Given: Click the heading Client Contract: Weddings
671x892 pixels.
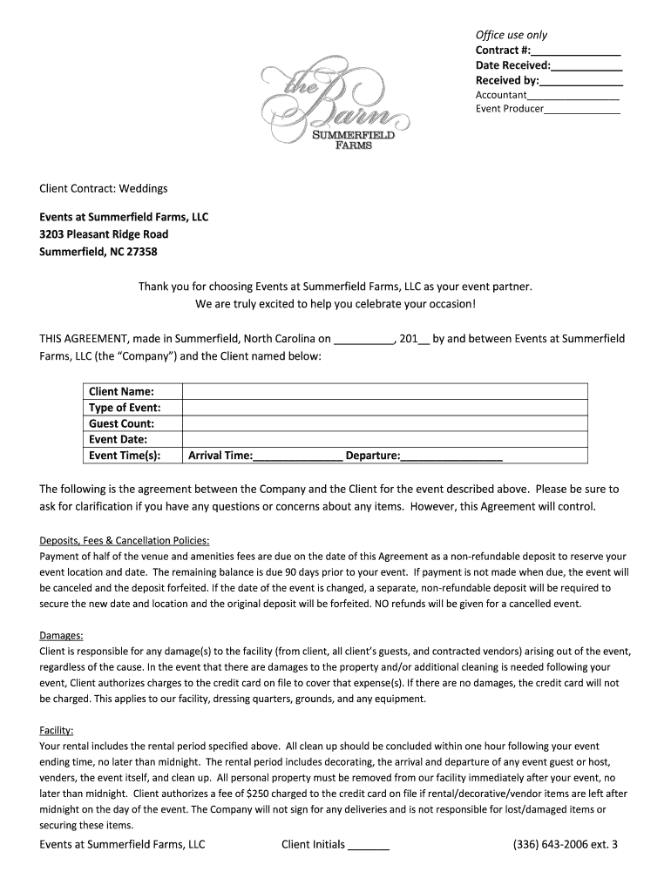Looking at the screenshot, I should pos(103,188).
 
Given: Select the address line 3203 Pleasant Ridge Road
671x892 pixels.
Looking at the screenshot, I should pos(104,234).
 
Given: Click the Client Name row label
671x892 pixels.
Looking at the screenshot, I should pos(121,392).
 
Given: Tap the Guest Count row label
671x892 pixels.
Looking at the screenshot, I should pos(121,423).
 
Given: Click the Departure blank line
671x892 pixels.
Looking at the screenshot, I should pos(451,456).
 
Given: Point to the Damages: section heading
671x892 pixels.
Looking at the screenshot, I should pos(62,636).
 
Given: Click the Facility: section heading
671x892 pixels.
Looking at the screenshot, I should pos(57,731).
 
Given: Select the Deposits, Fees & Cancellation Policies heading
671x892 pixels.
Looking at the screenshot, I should pos(125,540).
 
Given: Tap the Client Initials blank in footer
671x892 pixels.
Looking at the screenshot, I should pos(369,845).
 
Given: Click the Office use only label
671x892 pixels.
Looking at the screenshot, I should pos(512,35).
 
